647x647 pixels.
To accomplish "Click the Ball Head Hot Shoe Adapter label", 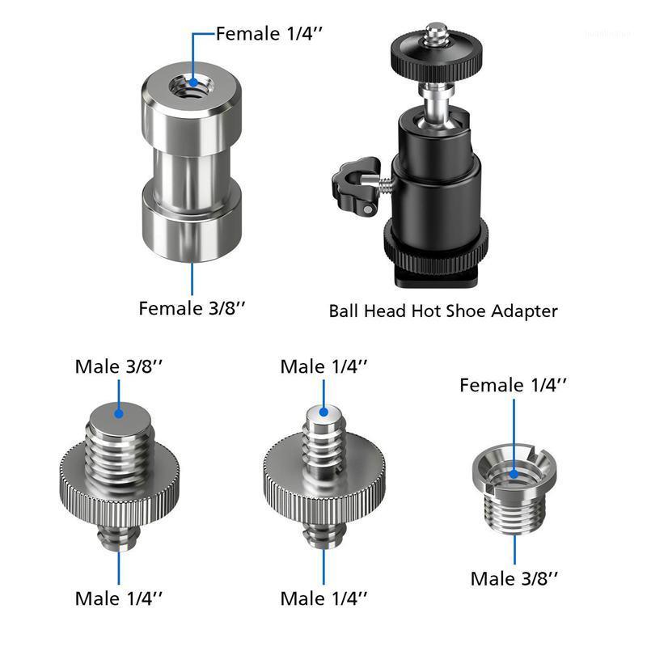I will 443,310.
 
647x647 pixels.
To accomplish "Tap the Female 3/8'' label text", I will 192,308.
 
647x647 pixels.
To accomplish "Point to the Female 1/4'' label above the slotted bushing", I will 513,385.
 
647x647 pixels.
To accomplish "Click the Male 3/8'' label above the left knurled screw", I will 119,366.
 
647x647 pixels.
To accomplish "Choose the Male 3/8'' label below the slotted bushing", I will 515,578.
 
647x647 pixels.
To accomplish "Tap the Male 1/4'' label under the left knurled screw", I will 119,598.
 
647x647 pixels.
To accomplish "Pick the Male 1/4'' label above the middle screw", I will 324,366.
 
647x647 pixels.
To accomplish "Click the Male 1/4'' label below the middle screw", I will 324,598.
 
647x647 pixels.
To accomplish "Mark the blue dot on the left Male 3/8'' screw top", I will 119,413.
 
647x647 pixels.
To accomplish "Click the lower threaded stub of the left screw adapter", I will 119,535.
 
